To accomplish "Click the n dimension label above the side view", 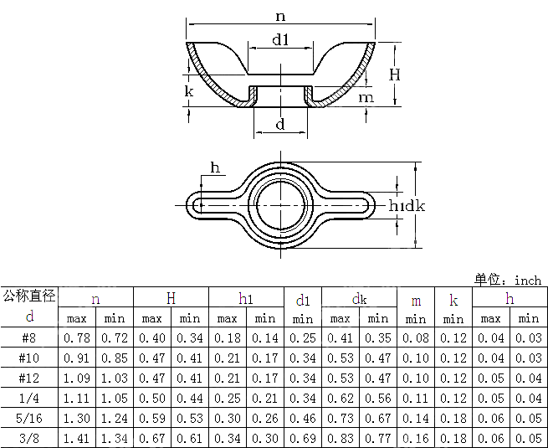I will tap(280, 16).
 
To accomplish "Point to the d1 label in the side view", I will tap(280, 39).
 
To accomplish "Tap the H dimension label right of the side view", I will tap(395, 75).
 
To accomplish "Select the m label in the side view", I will tap(366, 98).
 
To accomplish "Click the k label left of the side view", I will tap(189, 90).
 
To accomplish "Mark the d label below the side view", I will tap(280, 124).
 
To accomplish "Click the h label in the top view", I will tap(215, 168).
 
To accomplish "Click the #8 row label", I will tap(29, 337).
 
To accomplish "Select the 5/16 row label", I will tap(29, 418).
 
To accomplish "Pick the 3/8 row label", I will tap(29, 438).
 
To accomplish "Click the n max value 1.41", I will tap(77, 438).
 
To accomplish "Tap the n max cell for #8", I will tap(77, 337).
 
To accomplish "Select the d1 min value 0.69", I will tap(303, 438).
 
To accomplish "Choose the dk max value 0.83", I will tap(341, 438).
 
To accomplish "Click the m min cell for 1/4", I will tap(416, 398).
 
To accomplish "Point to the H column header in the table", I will tap(171, 298).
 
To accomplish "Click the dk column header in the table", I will tap(359, 298).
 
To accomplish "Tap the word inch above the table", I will tap(528, 280).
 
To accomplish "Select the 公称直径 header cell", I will tap(29, 295).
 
